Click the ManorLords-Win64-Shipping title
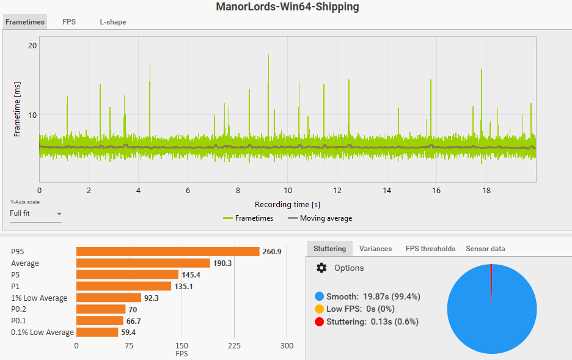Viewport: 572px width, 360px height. click(287, 7)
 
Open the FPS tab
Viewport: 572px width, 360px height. click(69, 22)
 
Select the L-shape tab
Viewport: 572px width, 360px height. click(113, 22)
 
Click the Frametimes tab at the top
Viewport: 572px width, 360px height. click(25, 22)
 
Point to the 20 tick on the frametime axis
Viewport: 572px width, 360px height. click(32, 46)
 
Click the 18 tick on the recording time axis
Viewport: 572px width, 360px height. click(486, 190)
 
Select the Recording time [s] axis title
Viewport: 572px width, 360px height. click(287, 204)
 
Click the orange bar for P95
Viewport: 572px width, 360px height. click(168, 251)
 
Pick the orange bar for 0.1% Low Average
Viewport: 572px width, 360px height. click(97, 332)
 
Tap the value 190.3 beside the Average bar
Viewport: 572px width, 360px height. click(224, 263)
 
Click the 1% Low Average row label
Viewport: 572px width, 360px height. click(39, 298)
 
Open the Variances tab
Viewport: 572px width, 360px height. click(375, 249)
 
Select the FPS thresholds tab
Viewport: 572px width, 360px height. click(430, 249)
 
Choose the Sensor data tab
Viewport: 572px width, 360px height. click(485, 249)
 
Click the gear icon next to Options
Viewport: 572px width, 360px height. click(321, 268)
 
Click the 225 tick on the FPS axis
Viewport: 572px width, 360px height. click(234, 346)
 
